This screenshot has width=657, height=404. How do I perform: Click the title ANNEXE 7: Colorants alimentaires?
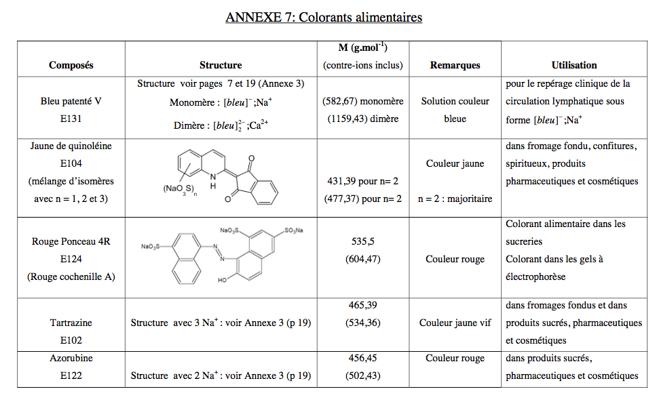(x=324, y=17)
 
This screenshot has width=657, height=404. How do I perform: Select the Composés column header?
(x=71, y=66)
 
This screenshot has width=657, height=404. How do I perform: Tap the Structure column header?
(x=221, y=66)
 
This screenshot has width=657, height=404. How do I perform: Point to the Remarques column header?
(x=455, y=66)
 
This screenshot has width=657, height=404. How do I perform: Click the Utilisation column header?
(x=574, y=66)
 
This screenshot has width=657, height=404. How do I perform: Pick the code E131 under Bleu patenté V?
(x=71, y=119)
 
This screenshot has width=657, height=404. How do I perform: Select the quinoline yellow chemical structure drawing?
(x=221, y=178)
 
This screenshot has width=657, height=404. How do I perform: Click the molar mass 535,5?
(x=363, y=241)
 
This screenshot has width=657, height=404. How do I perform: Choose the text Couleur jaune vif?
(x=455, y=323)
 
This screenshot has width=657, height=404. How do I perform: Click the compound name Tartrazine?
(x=71, y=323)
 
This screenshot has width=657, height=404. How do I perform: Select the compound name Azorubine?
(x=71, y=358)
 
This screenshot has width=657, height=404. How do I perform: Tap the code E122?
(x=71, y=376)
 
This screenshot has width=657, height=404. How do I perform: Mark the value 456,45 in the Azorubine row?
(x=363, y=358)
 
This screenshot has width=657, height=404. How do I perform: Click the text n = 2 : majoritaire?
(x=455, y=199)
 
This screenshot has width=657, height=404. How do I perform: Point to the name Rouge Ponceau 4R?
(x=71, y=241)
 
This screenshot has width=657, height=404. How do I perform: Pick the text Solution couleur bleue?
(x=455, y=110)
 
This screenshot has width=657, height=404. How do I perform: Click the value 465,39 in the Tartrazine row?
(x=363, y=306)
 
